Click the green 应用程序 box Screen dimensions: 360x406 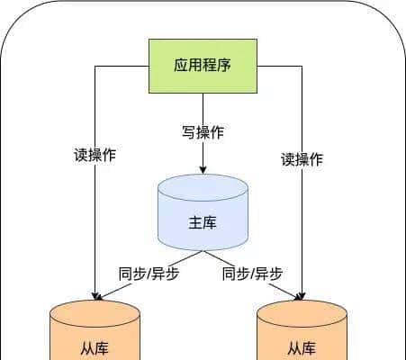(203, 66)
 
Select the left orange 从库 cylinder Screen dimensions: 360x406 (95, 333)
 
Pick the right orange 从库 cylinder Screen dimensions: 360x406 (302, 333)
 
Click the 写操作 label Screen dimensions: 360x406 (203, 132)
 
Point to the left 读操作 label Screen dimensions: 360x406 (95, 154)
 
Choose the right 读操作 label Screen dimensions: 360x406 (302, 159)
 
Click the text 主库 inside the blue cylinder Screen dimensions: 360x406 (203, 222)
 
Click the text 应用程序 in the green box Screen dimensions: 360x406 (203, 66)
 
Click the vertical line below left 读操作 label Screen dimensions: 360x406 (95, 225)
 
